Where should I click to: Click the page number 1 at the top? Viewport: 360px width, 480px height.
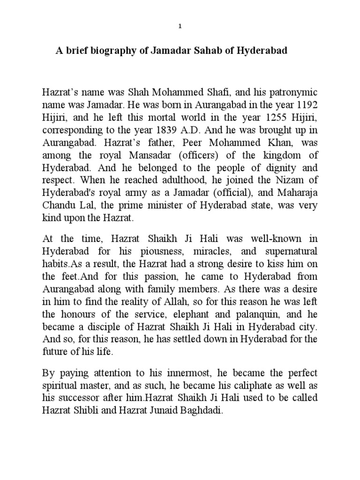click(180, 27)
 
